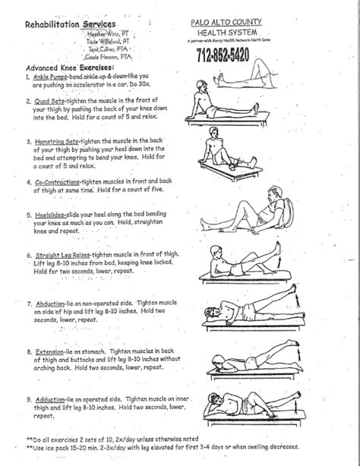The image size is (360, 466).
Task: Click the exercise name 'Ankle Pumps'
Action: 52,77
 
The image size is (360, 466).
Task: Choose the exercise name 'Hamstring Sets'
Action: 58,141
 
